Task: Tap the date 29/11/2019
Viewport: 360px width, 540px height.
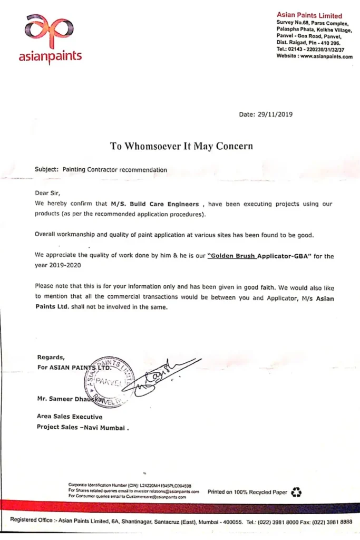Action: (274, 114)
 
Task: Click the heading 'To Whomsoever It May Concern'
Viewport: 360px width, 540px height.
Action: (181, 146)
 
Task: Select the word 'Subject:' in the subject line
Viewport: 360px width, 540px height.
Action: (47, 170)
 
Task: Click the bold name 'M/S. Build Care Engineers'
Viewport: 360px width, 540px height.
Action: (154, 204)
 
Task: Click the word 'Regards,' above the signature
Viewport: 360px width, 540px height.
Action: (51, 357)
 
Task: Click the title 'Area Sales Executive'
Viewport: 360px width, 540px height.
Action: (70, 417)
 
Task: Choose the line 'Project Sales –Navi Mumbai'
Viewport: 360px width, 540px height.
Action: (82, 427)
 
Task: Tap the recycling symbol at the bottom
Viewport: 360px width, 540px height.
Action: (297, 491)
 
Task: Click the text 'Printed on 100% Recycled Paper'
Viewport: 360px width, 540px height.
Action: (247, 492)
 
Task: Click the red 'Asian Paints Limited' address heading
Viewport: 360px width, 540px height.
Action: (309, 16)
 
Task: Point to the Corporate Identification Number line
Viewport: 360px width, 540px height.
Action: (130, 485)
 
